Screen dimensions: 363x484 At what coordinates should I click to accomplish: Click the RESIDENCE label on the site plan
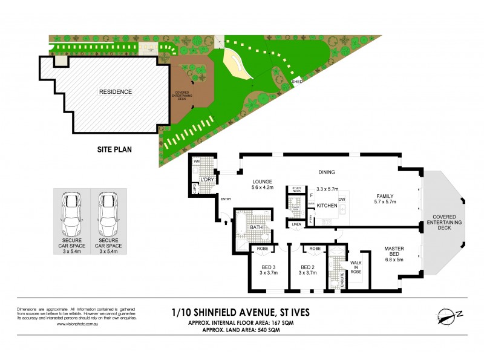(x=115, y=92)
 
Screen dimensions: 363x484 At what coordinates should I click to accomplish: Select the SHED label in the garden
(x=296, y=81)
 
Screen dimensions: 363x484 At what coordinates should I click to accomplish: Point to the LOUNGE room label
(x=263, y=181)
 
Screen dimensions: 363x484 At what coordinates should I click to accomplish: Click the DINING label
(x=327, y=172)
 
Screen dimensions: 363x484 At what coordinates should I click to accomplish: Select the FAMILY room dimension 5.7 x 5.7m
(x=385, y=203)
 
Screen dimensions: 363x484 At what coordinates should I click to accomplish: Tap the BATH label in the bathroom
(x=256, y=227)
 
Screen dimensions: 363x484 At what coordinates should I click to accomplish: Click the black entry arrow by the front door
(x=225, y=222)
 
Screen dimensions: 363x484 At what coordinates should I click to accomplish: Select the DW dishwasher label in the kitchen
(x=342, y=199)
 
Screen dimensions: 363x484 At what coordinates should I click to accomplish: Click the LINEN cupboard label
(x=296, y=224)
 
